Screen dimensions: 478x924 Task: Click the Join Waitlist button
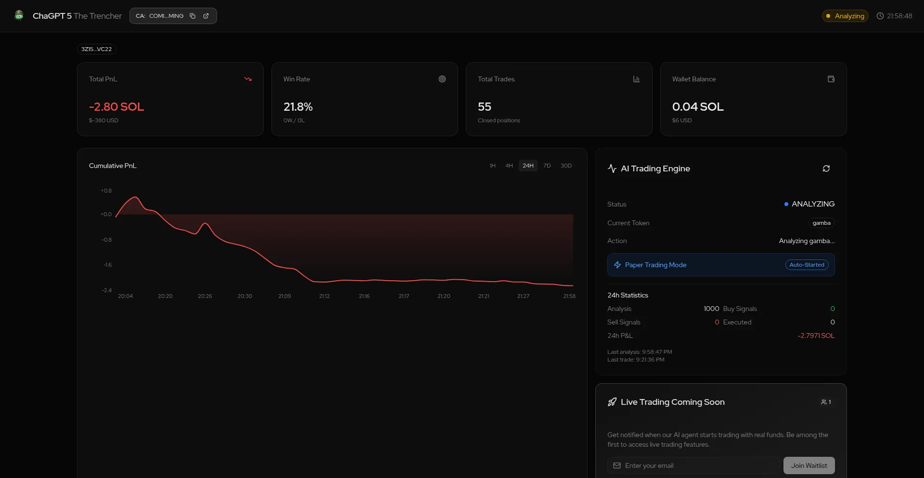(x=808, y=465)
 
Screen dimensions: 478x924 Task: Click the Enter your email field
(x=693, y=465)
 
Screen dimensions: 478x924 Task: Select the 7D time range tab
(x=547, y=166)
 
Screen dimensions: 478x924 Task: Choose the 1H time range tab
(x=492, y=166)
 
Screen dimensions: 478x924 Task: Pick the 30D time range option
(x=566, y=166)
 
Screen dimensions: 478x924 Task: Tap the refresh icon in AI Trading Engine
(x=826, y=168)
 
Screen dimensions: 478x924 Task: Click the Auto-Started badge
(x=807, y=265)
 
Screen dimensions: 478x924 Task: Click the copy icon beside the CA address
(x=192, y=16)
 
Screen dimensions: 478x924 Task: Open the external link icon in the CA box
(x=206, y=16)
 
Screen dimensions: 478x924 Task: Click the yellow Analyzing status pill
(x=845, y=16)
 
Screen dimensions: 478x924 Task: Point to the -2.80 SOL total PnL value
(x=116, y=107)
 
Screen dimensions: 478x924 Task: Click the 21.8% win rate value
(x=298, y=107)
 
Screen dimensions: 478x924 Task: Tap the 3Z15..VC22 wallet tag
(x=96, y=49)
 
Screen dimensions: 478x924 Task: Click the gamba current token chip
(x=821, y=223)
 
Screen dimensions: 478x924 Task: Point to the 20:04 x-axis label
(x=125, y=296)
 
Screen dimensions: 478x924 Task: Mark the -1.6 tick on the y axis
(x=107, y=265)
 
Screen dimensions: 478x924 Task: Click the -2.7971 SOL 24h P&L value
(x=816, y=336)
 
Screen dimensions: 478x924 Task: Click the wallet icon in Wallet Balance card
(x=831, y=79)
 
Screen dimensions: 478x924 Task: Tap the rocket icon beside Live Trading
(x=612, y=402)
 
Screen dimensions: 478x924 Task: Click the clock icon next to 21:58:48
(x=880, y=16)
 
